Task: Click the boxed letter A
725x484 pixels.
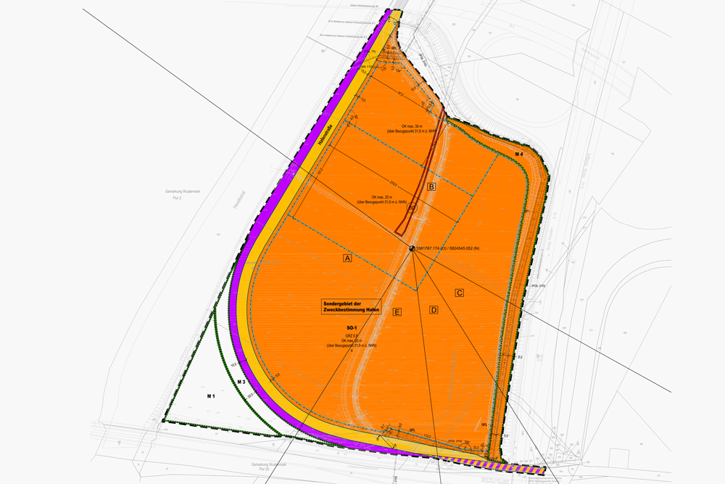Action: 347,258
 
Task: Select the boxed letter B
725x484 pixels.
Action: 432,186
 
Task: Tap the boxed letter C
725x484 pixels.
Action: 459,292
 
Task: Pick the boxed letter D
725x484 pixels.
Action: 434,310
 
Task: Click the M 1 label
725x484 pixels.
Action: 211,396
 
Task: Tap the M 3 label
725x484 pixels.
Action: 243,382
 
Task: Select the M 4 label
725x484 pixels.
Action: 519,155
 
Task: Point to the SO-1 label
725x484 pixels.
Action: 352,328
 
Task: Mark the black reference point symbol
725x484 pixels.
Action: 413,248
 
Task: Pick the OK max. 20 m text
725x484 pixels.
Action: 352,340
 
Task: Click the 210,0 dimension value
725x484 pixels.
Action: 384,183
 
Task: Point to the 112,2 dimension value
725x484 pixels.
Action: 428,436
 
